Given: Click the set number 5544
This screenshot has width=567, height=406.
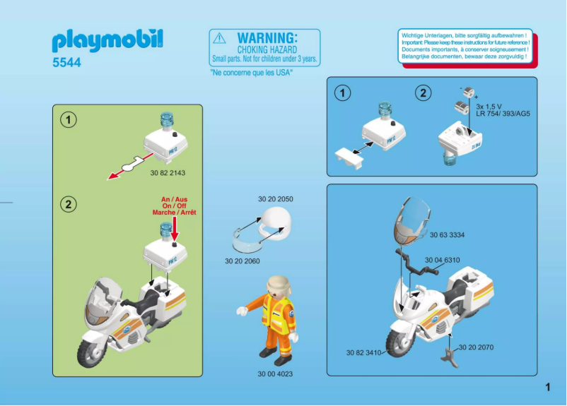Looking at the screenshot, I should [66, 63].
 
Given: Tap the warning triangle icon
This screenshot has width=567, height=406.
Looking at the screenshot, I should [221, 38].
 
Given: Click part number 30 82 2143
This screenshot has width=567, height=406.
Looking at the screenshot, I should [168, 172].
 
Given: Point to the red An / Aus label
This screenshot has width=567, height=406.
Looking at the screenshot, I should [174, 200].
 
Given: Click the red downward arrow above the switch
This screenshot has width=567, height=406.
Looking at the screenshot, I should [174, 229].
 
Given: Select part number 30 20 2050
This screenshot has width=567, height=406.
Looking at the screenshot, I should [276, 199].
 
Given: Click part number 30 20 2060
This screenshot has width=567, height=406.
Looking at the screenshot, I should [242, 261].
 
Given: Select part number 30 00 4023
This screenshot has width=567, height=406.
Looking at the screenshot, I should [275, 374].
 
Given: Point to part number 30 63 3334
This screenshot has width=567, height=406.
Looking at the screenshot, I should [447, 235].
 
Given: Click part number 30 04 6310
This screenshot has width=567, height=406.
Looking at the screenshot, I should [443, 260].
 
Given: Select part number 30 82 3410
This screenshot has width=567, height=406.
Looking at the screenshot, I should [363, 352].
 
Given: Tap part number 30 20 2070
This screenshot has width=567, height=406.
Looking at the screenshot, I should [477, 347].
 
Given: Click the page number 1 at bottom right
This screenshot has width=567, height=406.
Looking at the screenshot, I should [547, 386].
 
